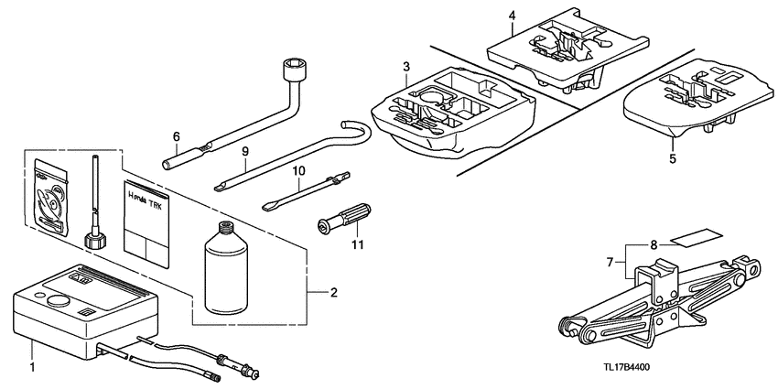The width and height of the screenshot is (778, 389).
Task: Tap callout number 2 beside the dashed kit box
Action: click(x=334, y=293)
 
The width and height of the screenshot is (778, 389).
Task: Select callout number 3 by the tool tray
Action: click(x=405, y=67)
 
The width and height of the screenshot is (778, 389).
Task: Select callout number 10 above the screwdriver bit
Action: click(x=297, y=171)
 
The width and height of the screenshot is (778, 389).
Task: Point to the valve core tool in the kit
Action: click(x=94, y=201)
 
